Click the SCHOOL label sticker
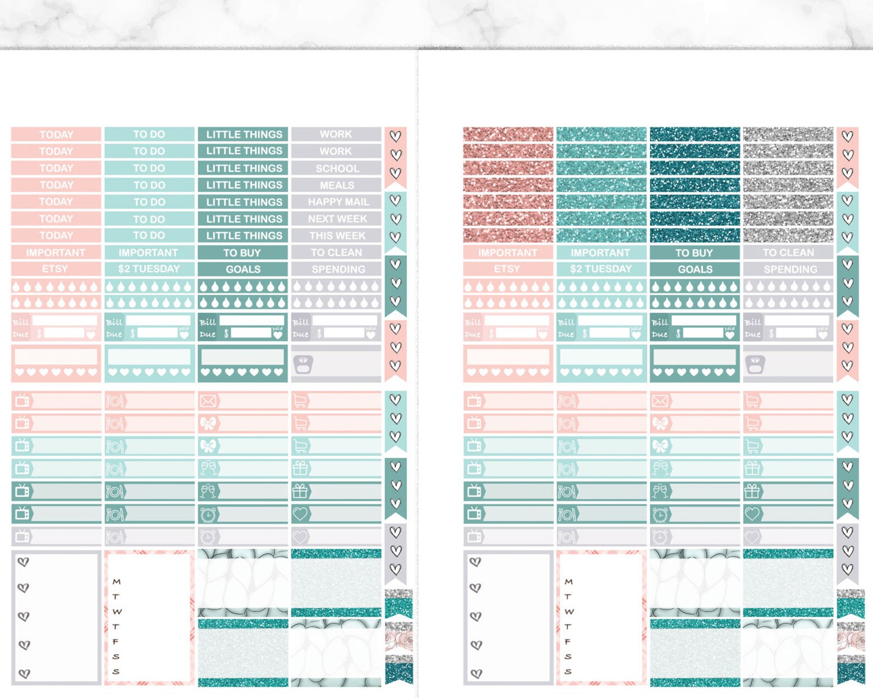coord(336,169)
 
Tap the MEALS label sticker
coord(336,186)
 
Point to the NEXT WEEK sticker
coord(336,219)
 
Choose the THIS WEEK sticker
coord(336,236)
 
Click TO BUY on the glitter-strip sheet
coord(694,253)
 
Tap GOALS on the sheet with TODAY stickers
coord(242,269)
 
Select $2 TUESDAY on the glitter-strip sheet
coord(600,269)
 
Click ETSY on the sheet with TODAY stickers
coord(55,269)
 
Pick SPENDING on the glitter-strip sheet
coord(789,269)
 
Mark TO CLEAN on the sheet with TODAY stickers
coord(336,253)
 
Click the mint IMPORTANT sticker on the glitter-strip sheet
coord(600,253)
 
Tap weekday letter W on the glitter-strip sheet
coord(569,612)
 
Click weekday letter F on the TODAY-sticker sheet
coord(115,641)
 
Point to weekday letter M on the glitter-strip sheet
coord(568,581)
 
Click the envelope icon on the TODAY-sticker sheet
coord(208,401)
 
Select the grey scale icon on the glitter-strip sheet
coord(755,364)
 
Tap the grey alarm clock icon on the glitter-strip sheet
coord(660,536)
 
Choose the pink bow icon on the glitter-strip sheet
coord(660,423)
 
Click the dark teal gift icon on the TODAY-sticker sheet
coord(300,491)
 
